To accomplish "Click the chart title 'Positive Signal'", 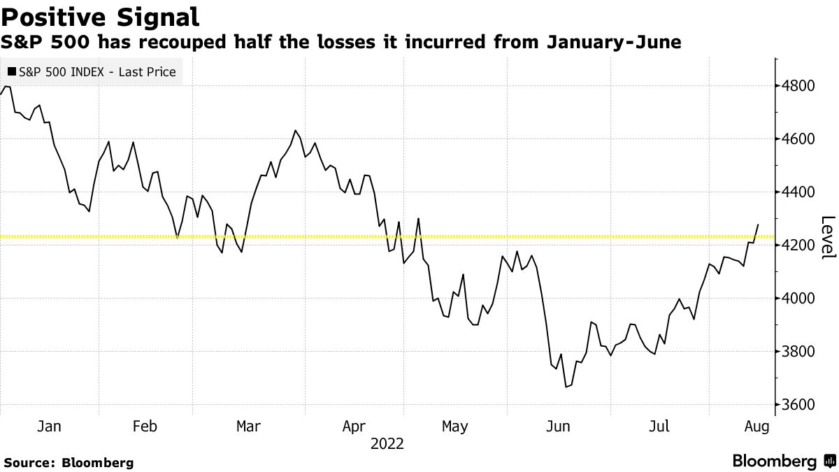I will [x=100, y=15].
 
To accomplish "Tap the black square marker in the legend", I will [x=11, y=72].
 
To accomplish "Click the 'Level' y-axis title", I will [x=827, y=238].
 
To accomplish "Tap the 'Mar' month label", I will [x=248, y=427].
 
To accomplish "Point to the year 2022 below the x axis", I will [x=387, y=443].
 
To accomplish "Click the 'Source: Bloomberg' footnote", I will [x=69, y=462].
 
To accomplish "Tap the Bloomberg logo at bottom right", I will [x=783, y=462].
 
